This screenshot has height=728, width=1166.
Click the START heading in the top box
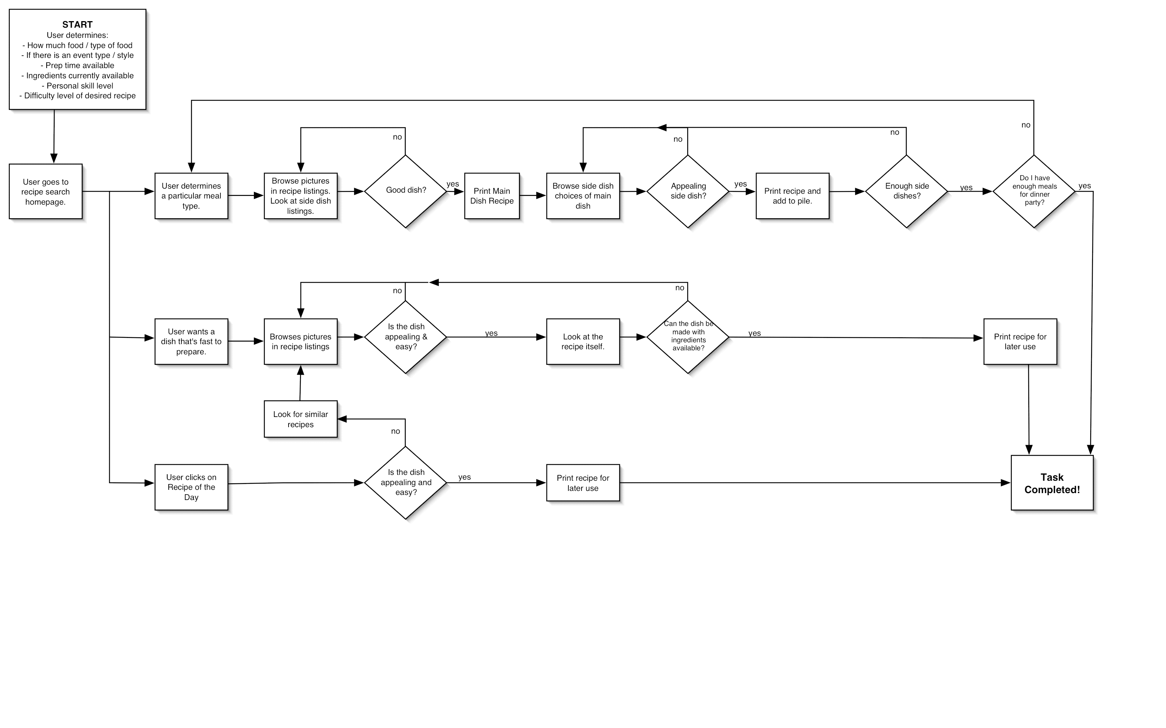(x=77, y=24)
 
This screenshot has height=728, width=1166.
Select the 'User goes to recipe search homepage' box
(x=46, y=192)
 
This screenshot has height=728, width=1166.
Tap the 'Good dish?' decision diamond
(x=406, y=191)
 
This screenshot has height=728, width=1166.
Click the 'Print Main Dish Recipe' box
(x=492, y=196)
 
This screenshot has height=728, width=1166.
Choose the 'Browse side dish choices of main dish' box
(x=583, y=196)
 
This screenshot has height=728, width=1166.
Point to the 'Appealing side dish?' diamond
(x=688, y=191)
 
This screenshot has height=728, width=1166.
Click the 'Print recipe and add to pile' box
(x=792, y=196)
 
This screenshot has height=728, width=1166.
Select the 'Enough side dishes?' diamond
(x=907, y=191)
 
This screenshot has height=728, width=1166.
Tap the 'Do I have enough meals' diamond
(x=1034, y=191)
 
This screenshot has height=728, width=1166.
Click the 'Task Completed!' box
(x=1052, y=483)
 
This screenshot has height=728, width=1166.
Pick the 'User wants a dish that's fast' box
(x=191, y=341)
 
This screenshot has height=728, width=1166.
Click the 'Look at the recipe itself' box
(x=583, y=341)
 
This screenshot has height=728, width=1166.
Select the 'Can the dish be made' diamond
(x=688, y=337)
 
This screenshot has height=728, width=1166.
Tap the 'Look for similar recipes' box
(x=301, y=419)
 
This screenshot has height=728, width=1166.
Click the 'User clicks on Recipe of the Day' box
(x=191, y=487)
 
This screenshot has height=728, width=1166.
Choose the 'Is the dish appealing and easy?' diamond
(x=406, y=483)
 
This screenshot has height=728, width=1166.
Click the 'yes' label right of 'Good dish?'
(x=453, y=184)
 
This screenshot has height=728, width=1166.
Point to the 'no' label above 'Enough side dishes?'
(x=895, y=133)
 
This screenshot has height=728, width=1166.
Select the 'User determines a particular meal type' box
(x=191, y=196)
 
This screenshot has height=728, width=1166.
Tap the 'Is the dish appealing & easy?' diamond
(x=406, y=337)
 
